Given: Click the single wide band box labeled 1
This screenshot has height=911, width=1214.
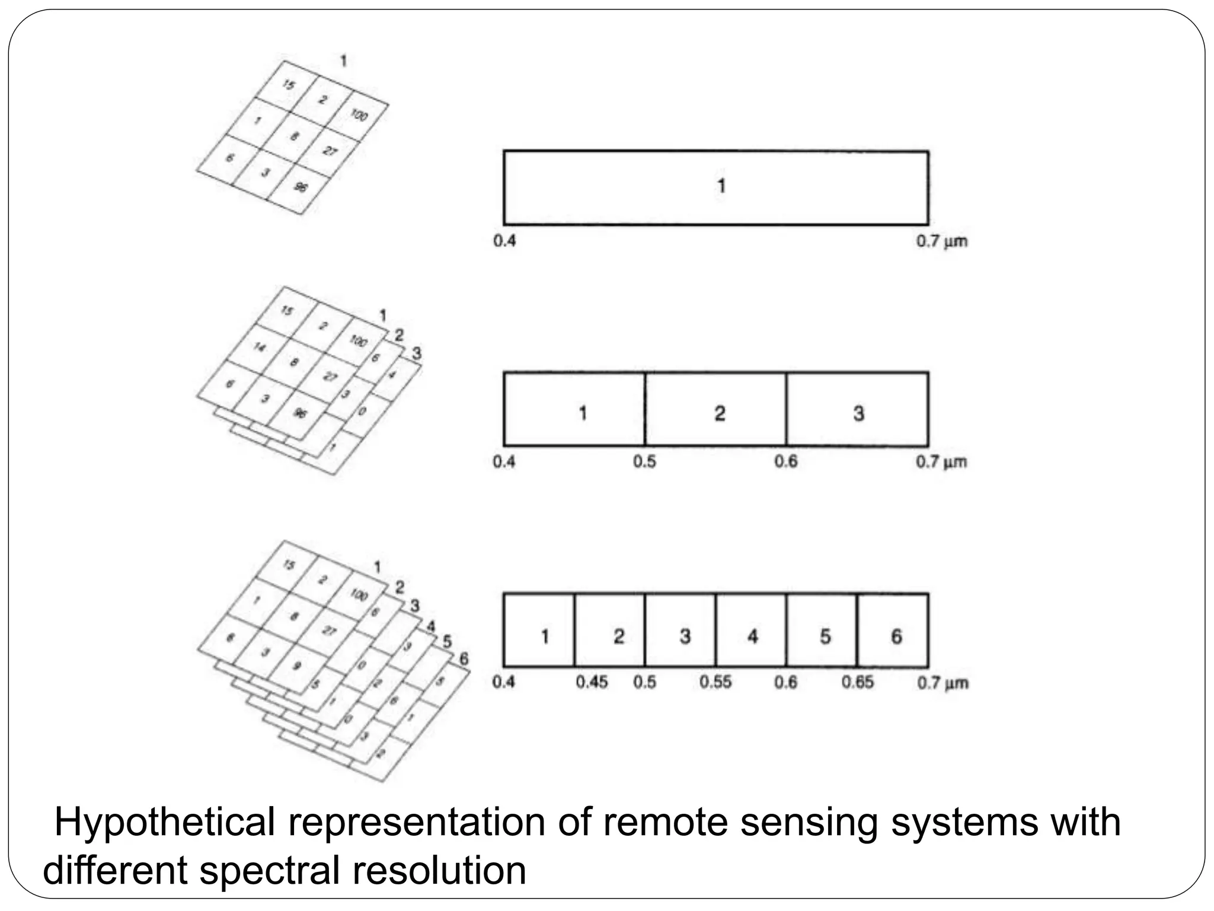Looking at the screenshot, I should [x=715, y=187].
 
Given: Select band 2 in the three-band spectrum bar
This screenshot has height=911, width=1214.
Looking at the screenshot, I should [x=715, y=409].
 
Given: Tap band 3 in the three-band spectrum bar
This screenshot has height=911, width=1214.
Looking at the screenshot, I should [x=857, y=409].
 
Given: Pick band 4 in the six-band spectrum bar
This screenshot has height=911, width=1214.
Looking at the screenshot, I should [x=751, y=630].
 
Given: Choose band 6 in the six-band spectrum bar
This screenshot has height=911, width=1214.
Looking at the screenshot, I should [x=893, y=630].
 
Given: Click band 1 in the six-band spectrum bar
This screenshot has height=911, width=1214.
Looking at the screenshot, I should [x=539, y=630].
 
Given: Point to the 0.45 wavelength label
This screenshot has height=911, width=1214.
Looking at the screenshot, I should [x=592, y=682].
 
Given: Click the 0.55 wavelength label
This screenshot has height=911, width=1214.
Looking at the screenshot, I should [x=715, y=682].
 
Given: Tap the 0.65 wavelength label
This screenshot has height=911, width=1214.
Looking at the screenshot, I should [x=857, y=682].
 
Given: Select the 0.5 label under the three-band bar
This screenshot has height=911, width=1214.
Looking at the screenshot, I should [x=644, y=461].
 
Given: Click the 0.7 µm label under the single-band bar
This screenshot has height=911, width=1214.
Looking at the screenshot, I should [x=941, y=241].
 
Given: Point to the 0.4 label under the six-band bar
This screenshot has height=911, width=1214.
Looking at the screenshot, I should [x=504, y=682].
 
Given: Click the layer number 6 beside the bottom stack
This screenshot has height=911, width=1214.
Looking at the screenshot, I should [x=464, y=658].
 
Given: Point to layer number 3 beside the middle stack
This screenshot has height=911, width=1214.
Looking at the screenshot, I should [x=417, y=353].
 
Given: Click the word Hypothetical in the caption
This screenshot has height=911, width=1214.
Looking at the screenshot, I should [x=165, y=823].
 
